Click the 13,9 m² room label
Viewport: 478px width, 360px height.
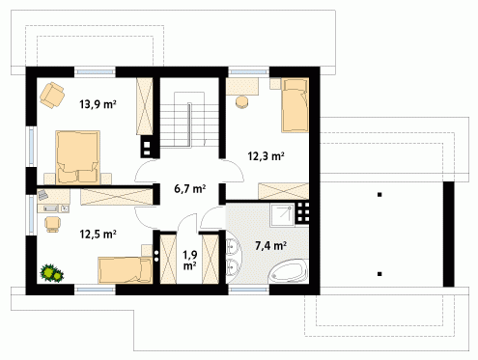pyautogui.click(x=98, y=104)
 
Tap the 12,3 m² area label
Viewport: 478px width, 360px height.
pyautogui.click(x=266, y=156)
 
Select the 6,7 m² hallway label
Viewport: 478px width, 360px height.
pyautogui.click(x=190, y=188)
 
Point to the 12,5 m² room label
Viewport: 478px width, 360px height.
pyautogui.click(x=98, y=234)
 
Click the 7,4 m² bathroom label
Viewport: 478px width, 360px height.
pyautogui.click(x=270, y=246)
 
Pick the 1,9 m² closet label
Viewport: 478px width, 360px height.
pyautogui.click(x=190, y=261)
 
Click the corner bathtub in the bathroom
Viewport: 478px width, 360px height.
pyautogui.click(x=289, y=272)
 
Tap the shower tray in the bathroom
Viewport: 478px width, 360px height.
pyautogui.click(x=282, y=215)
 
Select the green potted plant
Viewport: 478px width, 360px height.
pyautogui.click(x=51, y=273)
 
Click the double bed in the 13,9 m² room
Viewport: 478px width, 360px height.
pyautogui.click(x=77, y=157)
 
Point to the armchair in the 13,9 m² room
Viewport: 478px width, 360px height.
pyautogui.click(x=52, y=95)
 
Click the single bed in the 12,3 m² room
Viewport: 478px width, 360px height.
pyautogui.click(x=295, y=105)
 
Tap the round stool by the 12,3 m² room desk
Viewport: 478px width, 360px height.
pyautogui.click(x=242, y=101)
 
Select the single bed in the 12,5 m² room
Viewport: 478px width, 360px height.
pyautogui.click(x=126, y=270)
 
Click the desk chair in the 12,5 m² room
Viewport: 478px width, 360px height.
pyautogui.click(x=52, y=224)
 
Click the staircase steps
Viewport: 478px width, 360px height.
pyautogui.click(x=189, y=120)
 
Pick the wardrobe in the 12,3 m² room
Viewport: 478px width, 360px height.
pyautogui.click(x=284, y=191)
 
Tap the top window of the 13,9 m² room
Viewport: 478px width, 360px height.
pyautogui.click(x=95, y=72)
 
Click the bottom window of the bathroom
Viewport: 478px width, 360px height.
pyautogui.click(x=249, y=290)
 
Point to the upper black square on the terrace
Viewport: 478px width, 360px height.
pyautogui.click(x=380, y=194)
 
